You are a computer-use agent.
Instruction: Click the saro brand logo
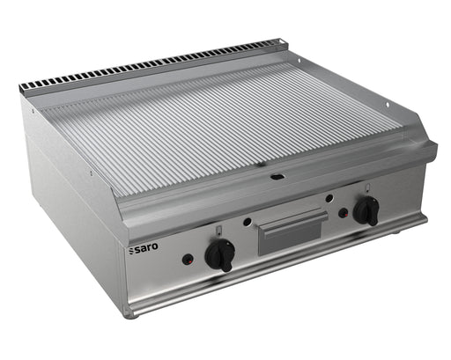[x=144, y=248]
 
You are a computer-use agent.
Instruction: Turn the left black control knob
[x=220, y=254]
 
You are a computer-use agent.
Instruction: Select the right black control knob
[x=366, y=210]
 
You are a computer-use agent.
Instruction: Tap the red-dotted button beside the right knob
[x=344, y=213]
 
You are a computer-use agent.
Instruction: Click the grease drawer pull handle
[x=292, y=219]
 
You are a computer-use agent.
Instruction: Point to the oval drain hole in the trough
[x=277, y=177]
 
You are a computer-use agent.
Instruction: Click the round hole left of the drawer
[x=248, y=222]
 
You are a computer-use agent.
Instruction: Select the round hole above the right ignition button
[x=329, y=199]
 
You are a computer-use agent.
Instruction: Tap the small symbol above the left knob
[x=218, y=231]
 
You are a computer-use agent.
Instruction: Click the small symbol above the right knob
[x=367, y=187]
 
